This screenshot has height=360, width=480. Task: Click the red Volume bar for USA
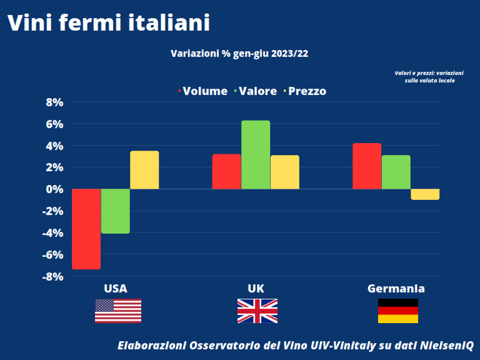pos(86,229)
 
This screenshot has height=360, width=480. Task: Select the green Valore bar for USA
pos(115,211)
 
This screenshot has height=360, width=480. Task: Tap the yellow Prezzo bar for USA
pos(144,170)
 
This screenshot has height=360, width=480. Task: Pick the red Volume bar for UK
pos(226,171)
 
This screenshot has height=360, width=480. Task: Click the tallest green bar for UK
pos(255,155)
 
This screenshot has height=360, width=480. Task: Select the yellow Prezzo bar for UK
pos(284,172)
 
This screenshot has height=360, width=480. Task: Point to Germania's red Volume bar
pos(367,166)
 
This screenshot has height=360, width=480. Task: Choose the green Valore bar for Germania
pos(396,172)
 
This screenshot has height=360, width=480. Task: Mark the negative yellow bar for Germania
pos(425,194)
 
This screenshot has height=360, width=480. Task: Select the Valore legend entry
pos(256,91)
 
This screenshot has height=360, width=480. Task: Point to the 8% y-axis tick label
pos(54,102)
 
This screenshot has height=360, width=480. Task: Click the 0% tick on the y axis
pos(54,189)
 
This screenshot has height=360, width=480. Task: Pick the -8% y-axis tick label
pos(52,276)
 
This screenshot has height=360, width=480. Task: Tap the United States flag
pos(118,311)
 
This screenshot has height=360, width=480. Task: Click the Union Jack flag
pos(257,311)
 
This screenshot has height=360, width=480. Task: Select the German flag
pos(398,311)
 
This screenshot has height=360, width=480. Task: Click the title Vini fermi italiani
pos(108,23)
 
